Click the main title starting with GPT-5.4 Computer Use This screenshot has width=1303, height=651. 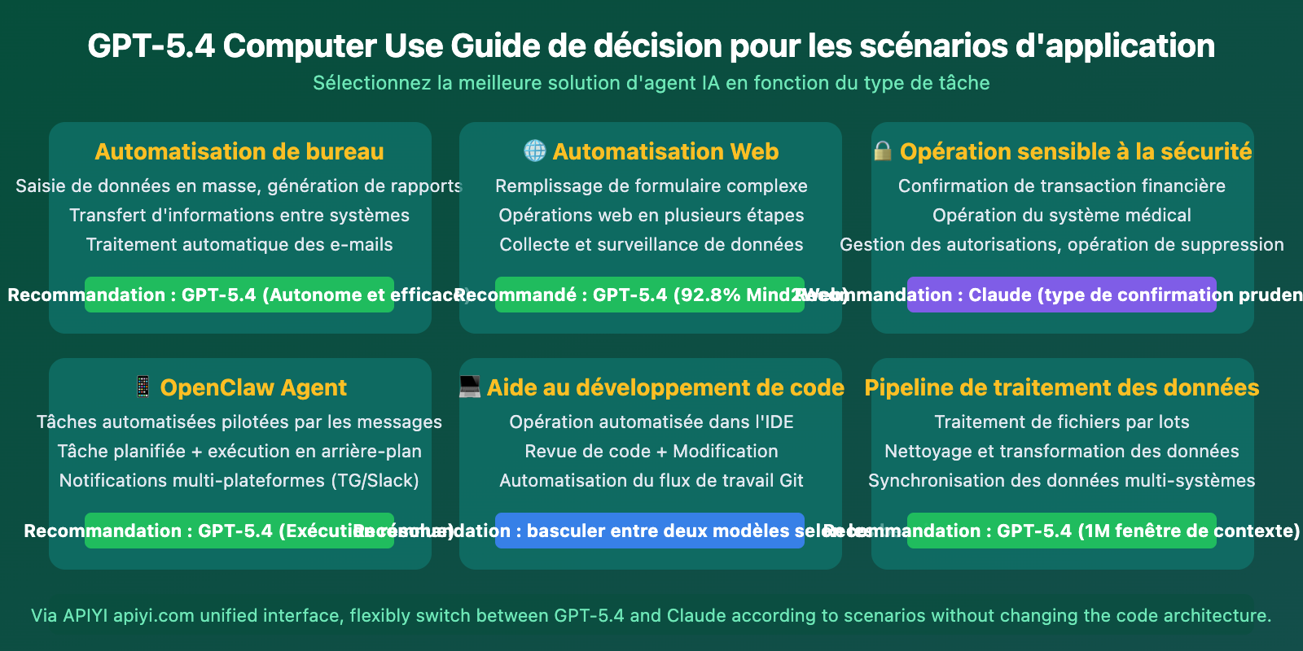click(x=651, y=46)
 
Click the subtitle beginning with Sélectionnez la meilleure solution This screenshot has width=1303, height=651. click(x=651, y=83)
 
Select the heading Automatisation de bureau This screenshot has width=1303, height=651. click(x=239, y=151)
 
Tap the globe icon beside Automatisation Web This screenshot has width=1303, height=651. click(x=535, y=151)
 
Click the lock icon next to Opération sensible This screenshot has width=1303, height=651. click(x=883, y=151)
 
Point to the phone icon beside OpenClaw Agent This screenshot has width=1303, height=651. click(x=143, y=387)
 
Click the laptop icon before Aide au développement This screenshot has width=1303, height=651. click(x=470, y=387)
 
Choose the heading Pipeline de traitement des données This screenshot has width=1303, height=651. click(x=1062, y=387)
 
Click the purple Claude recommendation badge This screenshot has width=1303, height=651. click(x=1062, y=295)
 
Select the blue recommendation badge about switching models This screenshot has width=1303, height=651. click(x=650, y=531)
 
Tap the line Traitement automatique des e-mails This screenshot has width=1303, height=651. click(x=239, y=244)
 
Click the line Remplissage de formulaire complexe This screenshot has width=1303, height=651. click(x=651, y=186)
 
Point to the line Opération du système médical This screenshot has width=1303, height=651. click(x=1062, y=215)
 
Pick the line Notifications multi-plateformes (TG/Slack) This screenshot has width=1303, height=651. click(x=239, y=480)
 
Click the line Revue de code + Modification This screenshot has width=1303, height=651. click(x=651, y=451)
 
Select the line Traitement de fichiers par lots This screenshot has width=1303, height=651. click(x=1062, y=422)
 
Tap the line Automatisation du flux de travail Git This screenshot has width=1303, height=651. click(x=651, y=480)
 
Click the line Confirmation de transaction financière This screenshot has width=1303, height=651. click(x=1062, y=186)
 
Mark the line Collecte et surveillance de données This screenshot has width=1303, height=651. click(x=651, y=244)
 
